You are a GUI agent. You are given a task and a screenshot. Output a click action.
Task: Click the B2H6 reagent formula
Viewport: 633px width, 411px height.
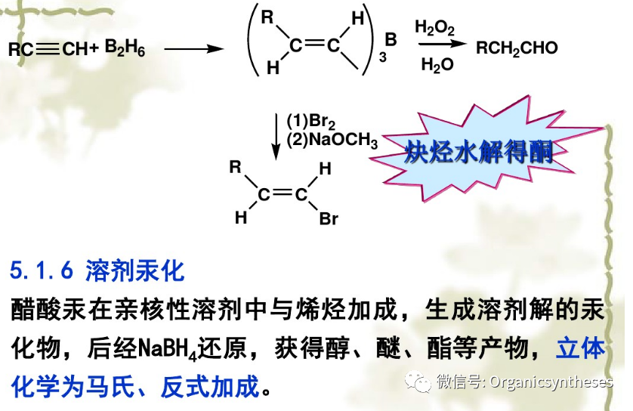125,50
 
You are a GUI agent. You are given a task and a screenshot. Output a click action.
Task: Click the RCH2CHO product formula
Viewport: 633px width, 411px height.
517,49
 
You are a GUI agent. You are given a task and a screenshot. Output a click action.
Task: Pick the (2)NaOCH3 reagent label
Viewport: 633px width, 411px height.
332,140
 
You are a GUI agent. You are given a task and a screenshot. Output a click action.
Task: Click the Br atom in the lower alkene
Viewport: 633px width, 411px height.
329,220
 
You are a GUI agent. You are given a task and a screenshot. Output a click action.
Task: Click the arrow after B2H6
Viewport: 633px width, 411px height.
194,50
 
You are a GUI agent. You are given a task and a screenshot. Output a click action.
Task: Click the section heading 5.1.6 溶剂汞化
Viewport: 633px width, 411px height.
97,270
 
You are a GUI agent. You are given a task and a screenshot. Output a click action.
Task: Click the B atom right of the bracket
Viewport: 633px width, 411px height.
391,39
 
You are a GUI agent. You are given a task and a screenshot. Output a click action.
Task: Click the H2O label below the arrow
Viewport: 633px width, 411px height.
437,66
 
